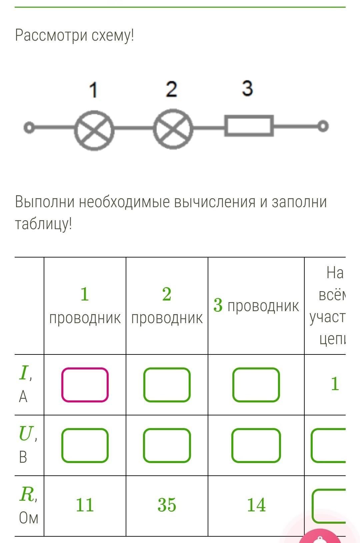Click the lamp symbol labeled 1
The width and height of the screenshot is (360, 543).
[x=94, y=130]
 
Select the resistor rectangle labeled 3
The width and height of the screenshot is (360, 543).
[x=249, y=126]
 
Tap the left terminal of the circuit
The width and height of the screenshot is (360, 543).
[x=29, y=128]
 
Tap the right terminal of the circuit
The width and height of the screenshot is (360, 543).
[x=323, y=126]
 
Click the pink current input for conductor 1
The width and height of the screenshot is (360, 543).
[x=85, y=385]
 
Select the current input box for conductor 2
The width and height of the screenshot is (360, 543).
[x=167, y=385]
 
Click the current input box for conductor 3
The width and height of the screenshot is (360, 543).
[x=256, y=385]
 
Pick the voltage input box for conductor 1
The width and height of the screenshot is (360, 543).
[x=85, y=445]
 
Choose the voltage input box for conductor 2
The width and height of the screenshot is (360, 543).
[x=167, y=445]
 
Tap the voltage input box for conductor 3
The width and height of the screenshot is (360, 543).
[x=256, y=445]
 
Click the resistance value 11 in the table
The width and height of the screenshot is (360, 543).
[x=85, y=505]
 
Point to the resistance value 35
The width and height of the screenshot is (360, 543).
[x=167, y=505]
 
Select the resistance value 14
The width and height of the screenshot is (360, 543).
[x=256, y=505]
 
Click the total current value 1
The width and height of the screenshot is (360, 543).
[x=335, y=384]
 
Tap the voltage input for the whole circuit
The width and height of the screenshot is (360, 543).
[x=329, y=445]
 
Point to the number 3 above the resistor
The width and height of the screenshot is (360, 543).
[x=247, y=89]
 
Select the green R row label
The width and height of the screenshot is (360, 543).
[x=27, y=494]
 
